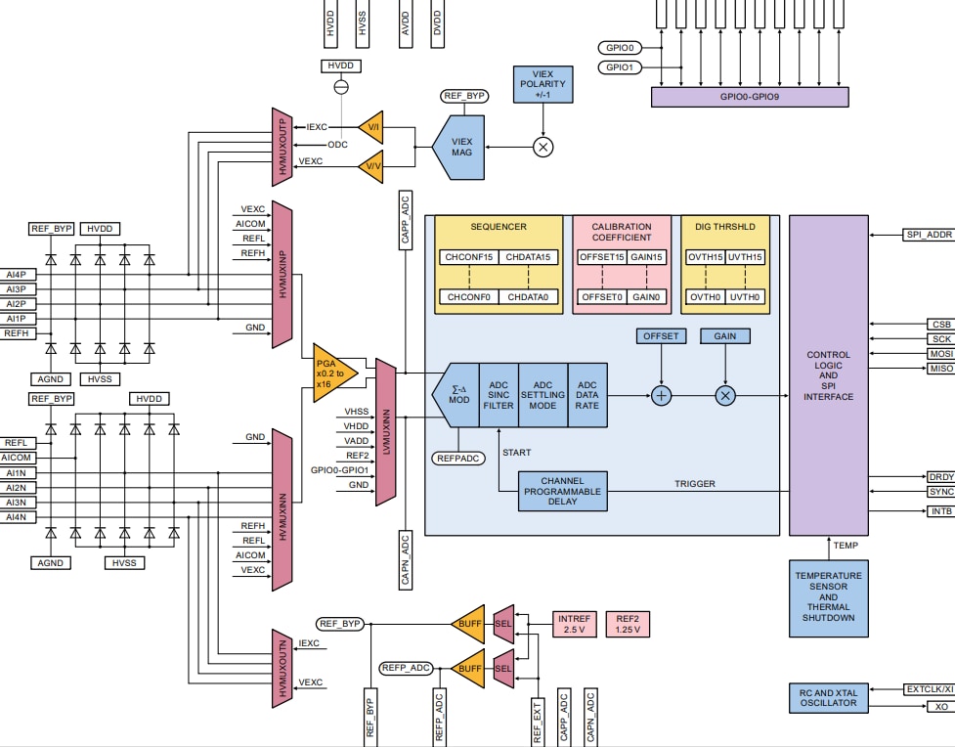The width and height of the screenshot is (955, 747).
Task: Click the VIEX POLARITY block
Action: click(543, 84)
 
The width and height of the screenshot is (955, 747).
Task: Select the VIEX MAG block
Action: click(460, 147)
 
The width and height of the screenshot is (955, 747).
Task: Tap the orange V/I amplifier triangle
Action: click(372, 126)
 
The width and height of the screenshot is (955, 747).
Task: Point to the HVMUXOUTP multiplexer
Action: click(282, 147)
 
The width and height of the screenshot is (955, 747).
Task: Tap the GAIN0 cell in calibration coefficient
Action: click(647, 296)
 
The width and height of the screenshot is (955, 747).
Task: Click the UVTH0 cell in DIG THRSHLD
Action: click(745, 296)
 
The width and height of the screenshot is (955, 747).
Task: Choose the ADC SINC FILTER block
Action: click(498, 395)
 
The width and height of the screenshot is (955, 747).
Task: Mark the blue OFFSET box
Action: click(661, 335)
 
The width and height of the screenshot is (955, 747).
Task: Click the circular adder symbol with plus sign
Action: click(662, 395)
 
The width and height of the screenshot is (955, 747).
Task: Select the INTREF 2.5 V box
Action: click(573, 624)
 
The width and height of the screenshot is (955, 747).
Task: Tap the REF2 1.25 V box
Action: click(628, 624)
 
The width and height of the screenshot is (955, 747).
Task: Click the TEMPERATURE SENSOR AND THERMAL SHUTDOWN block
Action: click(828, 596)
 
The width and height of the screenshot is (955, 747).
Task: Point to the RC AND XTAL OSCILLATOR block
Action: click(828, 697)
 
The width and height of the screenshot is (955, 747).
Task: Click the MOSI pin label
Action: click(940, 354)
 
